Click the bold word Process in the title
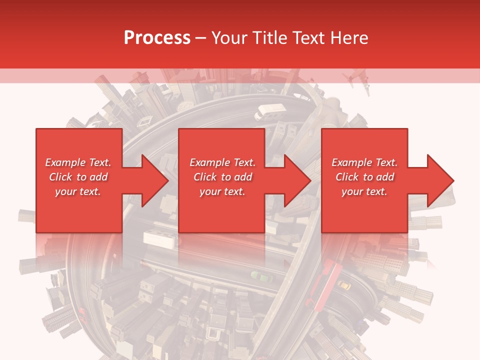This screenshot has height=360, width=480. (x=157, y=38)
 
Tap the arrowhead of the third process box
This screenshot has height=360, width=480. (x=440, y=180)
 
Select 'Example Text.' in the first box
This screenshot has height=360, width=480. (x=78, y=162)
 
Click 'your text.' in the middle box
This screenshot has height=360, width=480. (x=222, y=192)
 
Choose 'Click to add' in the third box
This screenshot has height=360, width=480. (x=365, y=177)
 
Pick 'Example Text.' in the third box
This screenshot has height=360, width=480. (x=364, y=162)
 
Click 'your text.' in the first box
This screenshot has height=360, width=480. (x=78, y=192)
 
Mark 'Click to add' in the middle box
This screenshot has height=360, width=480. (x=223, y=177)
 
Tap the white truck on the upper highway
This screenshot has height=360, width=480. (x=270, y=111)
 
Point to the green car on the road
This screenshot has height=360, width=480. (x=261, y=277)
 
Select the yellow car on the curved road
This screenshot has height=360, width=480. (x=344, y=285)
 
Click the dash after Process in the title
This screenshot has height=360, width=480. (x=201, y=38)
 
